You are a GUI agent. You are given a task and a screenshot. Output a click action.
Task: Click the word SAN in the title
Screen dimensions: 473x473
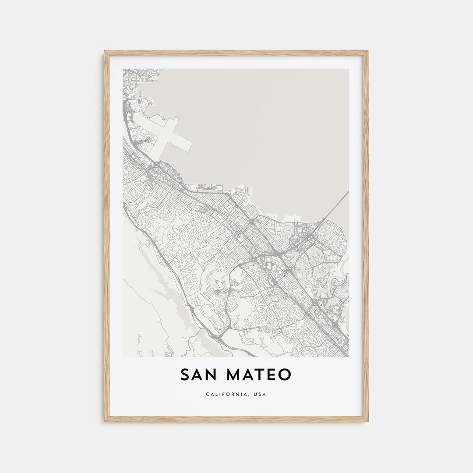[198, 374]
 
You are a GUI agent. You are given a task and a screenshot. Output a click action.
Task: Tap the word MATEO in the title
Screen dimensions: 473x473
[259, 374]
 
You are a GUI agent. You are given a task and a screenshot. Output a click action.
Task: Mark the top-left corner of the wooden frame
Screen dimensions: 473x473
[105, 52]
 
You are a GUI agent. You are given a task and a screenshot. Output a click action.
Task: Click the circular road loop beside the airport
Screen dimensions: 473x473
[148, 140]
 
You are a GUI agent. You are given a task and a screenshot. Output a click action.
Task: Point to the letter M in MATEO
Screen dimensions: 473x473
[235, 374]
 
